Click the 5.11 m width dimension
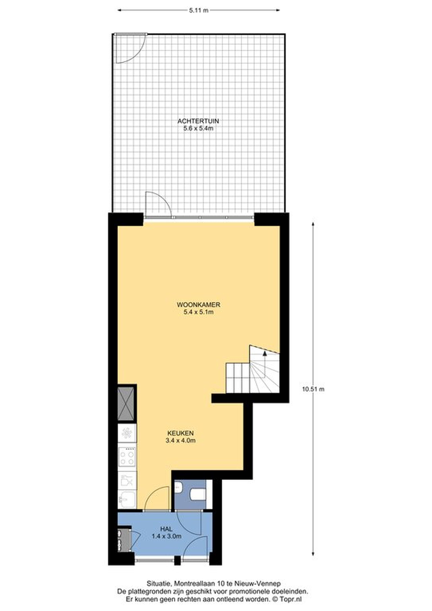coord(199,10)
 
